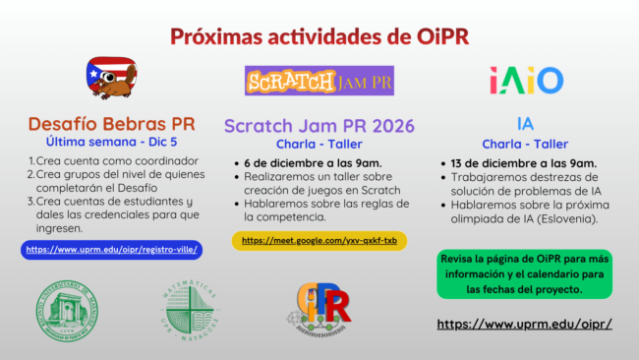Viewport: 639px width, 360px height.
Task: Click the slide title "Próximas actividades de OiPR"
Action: [x=319, y=36]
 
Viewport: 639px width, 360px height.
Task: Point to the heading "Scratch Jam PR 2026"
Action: [x=319, y=125]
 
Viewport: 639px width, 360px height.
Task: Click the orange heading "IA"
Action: [x=526, y=124]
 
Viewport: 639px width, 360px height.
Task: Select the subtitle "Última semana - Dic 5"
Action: [x=111, y=143]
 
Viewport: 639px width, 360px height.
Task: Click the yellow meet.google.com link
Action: [x=319, y=240]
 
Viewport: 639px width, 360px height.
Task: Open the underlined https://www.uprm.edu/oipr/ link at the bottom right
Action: [x=524, y=324]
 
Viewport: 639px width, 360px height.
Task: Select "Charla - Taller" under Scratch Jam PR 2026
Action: [x=319, y=144]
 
